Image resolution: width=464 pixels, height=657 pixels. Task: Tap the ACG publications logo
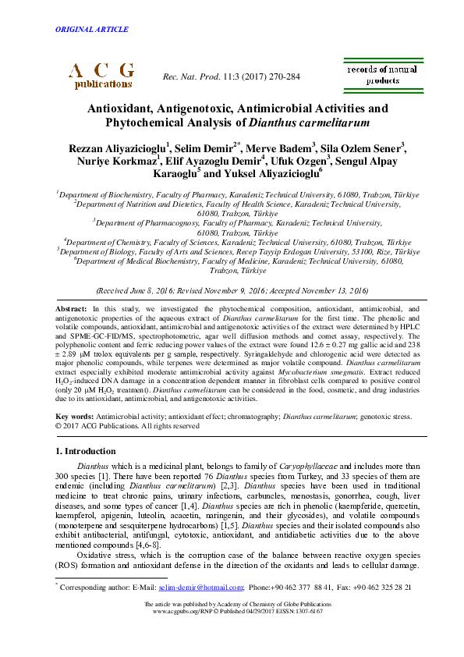(102, 75)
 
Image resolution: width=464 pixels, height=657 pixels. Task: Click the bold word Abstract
(71, 310)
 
